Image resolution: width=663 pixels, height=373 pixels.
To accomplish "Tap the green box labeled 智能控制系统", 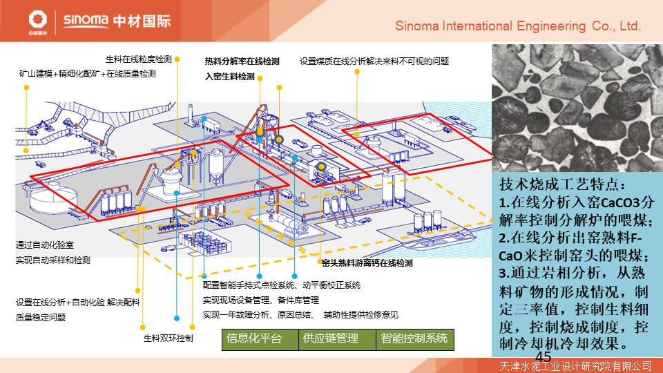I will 414,339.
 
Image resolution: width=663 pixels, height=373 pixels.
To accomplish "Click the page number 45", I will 543,356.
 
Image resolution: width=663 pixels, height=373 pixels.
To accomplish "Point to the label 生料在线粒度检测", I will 138,59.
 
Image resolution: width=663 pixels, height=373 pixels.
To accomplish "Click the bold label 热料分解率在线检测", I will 242,61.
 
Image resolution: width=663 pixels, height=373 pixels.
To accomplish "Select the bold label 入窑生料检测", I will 230,77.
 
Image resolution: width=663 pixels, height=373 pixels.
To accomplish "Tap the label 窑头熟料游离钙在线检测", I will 367,263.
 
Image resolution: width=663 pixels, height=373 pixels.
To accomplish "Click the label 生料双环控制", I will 168,338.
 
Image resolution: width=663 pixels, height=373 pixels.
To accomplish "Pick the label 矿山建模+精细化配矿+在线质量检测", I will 88,73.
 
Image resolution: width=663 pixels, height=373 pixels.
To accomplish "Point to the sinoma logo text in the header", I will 85,19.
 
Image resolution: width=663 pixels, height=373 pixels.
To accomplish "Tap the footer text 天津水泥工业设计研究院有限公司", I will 575,365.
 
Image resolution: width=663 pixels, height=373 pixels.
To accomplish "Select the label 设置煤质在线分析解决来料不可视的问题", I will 374,61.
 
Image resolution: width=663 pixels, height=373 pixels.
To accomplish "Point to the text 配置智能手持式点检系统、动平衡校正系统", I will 281,285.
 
